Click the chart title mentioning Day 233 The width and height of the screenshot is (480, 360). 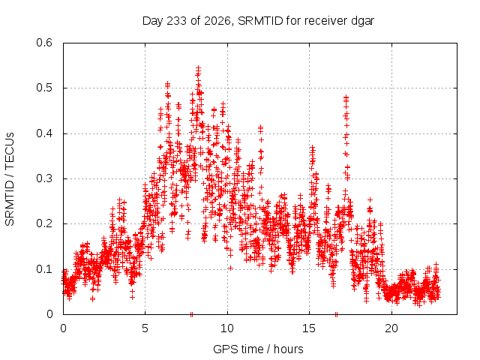(x=258, y=21)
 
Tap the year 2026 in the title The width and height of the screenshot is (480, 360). (x=217, y=21)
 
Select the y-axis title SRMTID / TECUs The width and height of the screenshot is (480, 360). (x=10, y=179)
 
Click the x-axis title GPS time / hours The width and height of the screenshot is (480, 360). (x=258, y=349)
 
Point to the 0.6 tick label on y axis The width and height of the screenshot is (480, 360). (x=44, y=43)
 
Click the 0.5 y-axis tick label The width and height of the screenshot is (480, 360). (x=44, y=88)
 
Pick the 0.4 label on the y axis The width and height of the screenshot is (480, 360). (x=44, y=133)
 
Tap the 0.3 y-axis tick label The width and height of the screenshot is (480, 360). (x=44, y=178)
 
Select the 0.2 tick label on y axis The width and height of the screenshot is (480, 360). (x=44, y=223)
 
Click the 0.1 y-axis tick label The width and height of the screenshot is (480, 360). (x=44, y=269)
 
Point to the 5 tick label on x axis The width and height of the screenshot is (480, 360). (x=145, y=328)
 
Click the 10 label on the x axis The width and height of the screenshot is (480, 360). (x=227, y=328)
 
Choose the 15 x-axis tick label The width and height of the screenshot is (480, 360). (x=309, y=328)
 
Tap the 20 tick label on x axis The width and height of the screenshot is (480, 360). (x=391, y=328)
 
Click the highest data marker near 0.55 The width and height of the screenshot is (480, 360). (x=198, y=68)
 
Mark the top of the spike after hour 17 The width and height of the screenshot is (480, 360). (x=346, y=97)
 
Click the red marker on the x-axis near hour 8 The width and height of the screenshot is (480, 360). (x=192, y=314)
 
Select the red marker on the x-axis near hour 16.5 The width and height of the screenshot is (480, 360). (x=336, y=314)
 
